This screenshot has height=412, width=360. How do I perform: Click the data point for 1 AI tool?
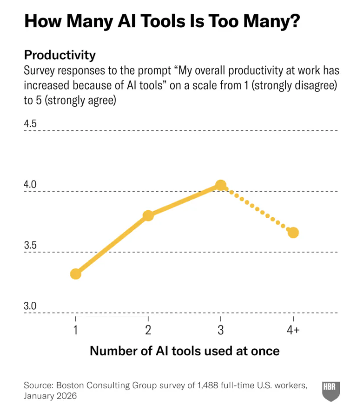coord(76,274)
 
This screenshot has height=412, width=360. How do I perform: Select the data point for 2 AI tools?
coord(148,216)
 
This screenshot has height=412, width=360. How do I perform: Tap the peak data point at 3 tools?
coord(221,185)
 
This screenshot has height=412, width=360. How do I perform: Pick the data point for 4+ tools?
coord(293,232)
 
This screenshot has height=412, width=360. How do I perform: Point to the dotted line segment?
coord(257,209)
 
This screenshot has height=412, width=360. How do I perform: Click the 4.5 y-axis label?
coord(30,123)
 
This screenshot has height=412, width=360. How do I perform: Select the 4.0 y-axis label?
coord(30,184)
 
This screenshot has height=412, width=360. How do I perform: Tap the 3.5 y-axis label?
coord(30,245)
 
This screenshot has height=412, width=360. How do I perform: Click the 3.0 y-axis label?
coord(30,306)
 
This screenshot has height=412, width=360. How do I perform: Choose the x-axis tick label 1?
coord(76,330)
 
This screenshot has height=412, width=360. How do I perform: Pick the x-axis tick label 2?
coord(148,330)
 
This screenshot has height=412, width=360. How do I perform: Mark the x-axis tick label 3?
coord(220,330)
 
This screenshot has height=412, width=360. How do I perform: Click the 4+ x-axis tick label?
coord(293,330)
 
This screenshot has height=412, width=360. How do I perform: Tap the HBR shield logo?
coord(331,391)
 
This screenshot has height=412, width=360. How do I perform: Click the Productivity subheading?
coord(60,55)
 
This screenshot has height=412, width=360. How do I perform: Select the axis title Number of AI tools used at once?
coord(184,351)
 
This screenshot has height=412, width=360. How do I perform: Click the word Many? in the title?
coord(271,21)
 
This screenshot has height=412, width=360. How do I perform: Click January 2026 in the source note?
coord(50,396)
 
